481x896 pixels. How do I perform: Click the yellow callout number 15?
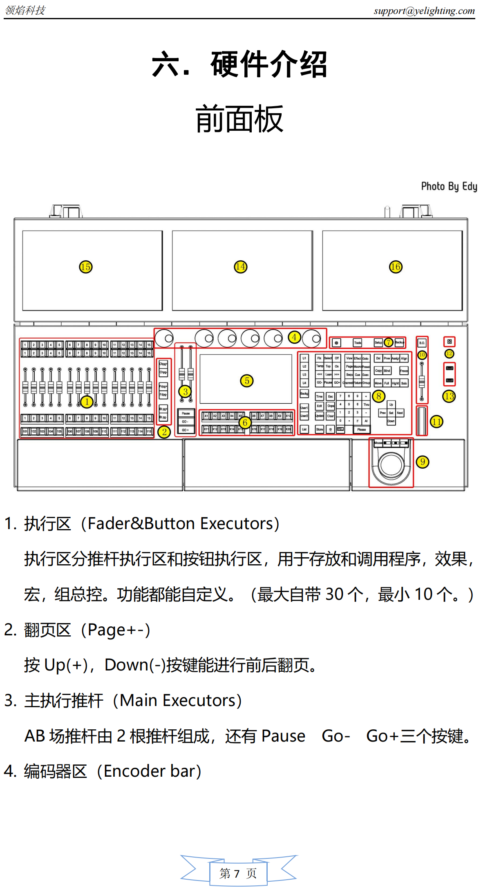86,267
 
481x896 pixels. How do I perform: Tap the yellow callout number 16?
395,267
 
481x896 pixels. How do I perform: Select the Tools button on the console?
358,343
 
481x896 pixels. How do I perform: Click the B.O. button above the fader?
422,343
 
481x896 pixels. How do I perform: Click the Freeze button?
404,371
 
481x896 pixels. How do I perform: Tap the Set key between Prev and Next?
391,413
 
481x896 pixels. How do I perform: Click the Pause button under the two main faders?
186,413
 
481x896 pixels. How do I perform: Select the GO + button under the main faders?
186,430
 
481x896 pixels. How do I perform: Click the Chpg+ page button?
163,364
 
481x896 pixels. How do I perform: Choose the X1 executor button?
206,416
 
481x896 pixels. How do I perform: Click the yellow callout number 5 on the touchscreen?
246,381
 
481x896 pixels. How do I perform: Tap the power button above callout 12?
449,342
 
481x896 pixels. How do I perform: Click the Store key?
320,429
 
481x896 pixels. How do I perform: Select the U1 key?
304,358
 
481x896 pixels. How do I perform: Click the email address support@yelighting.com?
424,11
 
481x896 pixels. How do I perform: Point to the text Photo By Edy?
449,187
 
